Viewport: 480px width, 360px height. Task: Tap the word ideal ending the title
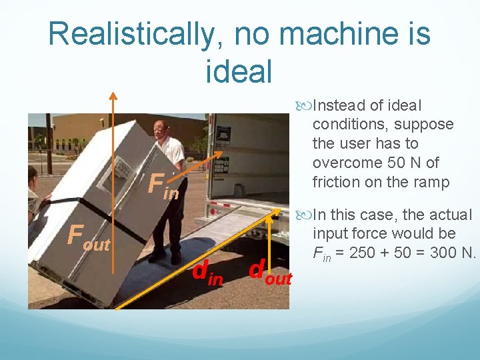click(x=240, y=71)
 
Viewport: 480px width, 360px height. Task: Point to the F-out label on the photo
click(x=87, y=236)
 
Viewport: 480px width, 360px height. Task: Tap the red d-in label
click(x=207, y=273)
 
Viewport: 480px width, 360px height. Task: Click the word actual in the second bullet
click(x=451, y=215)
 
